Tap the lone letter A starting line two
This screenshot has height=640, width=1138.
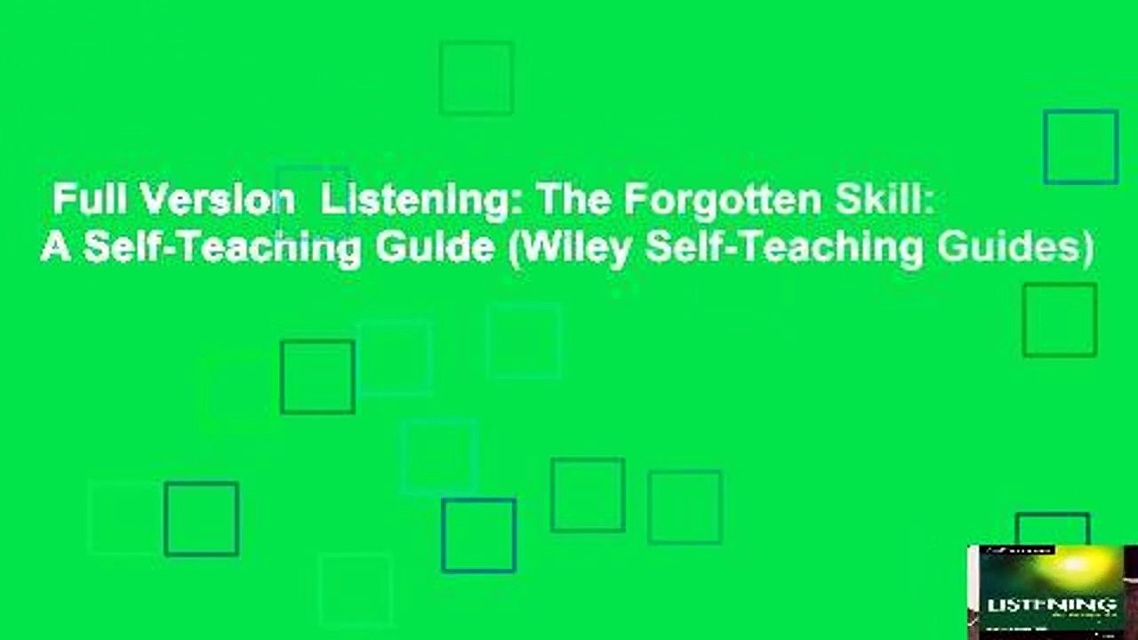click(55, 249)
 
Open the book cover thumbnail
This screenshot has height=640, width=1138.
click(1052, 591)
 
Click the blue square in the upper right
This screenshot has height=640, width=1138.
click(1080, 147)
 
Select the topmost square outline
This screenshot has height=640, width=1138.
click(476, 77)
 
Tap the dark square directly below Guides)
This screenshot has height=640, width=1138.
click(1059, 320)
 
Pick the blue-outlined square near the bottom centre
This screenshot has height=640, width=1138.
click(478, 535)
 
